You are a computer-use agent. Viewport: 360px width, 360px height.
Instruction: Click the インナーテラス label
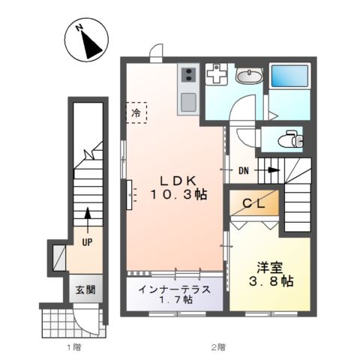[x=175, y=288]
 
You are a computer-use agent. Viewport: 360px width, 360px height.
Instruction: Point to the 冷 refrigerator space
[x=136, y=112]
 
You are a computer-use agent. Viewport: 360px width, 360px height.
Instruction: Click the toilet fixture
[x=288, y=139]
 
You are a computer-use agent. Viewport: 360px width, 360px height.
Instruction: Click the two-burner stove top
[x=187, y=75]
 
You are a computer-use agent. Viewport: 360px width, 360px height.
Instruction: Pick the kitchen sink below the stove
[x=187, y=101]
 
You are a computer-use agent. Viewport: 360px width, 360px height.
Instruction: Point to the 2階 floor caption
[x=217, y=346]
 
